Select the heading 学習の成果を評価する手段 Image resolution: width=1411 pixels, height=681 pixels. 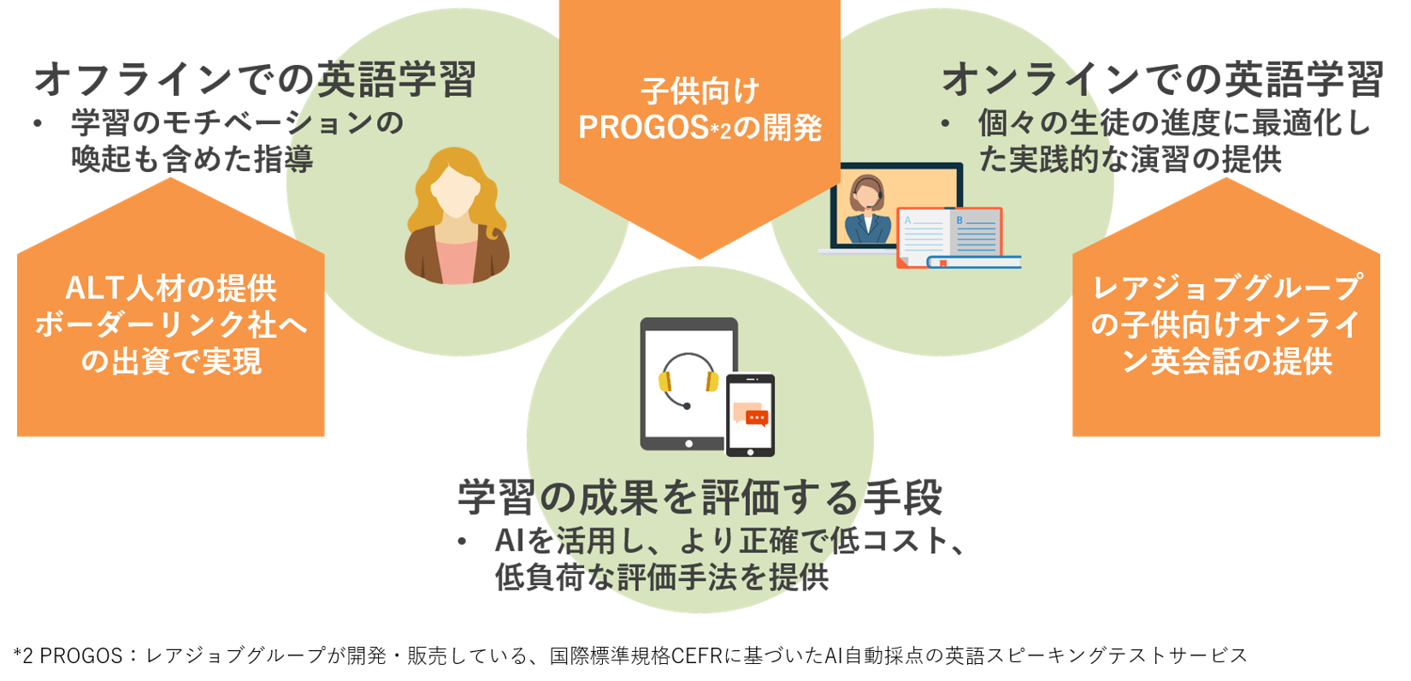700,497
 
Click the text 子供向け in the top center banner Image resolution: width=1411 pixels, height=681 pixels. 700,92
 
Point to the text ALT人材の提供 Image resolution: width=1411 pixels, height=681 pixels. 171,288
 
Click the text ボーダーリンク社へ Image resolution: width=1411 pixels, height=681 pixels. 171,325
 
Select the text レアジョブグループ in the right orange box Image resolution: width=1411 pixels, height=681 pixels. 1226,288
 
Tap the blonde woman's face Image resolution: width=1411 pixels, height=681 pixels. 456,190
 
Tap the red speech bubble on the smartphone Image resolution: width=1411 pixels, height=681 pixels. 756,417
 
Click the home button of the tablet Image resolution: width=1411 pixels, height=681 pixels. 688,443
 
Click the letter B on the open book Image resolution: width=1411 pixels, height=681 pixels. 959,221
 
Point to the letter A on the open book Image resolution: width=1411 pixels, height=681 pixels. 907,221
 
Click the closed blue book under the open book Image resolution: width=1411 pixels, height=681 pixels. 974,262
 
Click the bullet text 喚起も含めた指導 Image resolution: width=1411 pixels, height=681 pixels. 192,159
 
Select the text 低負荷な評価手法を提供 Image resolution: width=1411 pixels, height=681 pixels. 661,577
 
